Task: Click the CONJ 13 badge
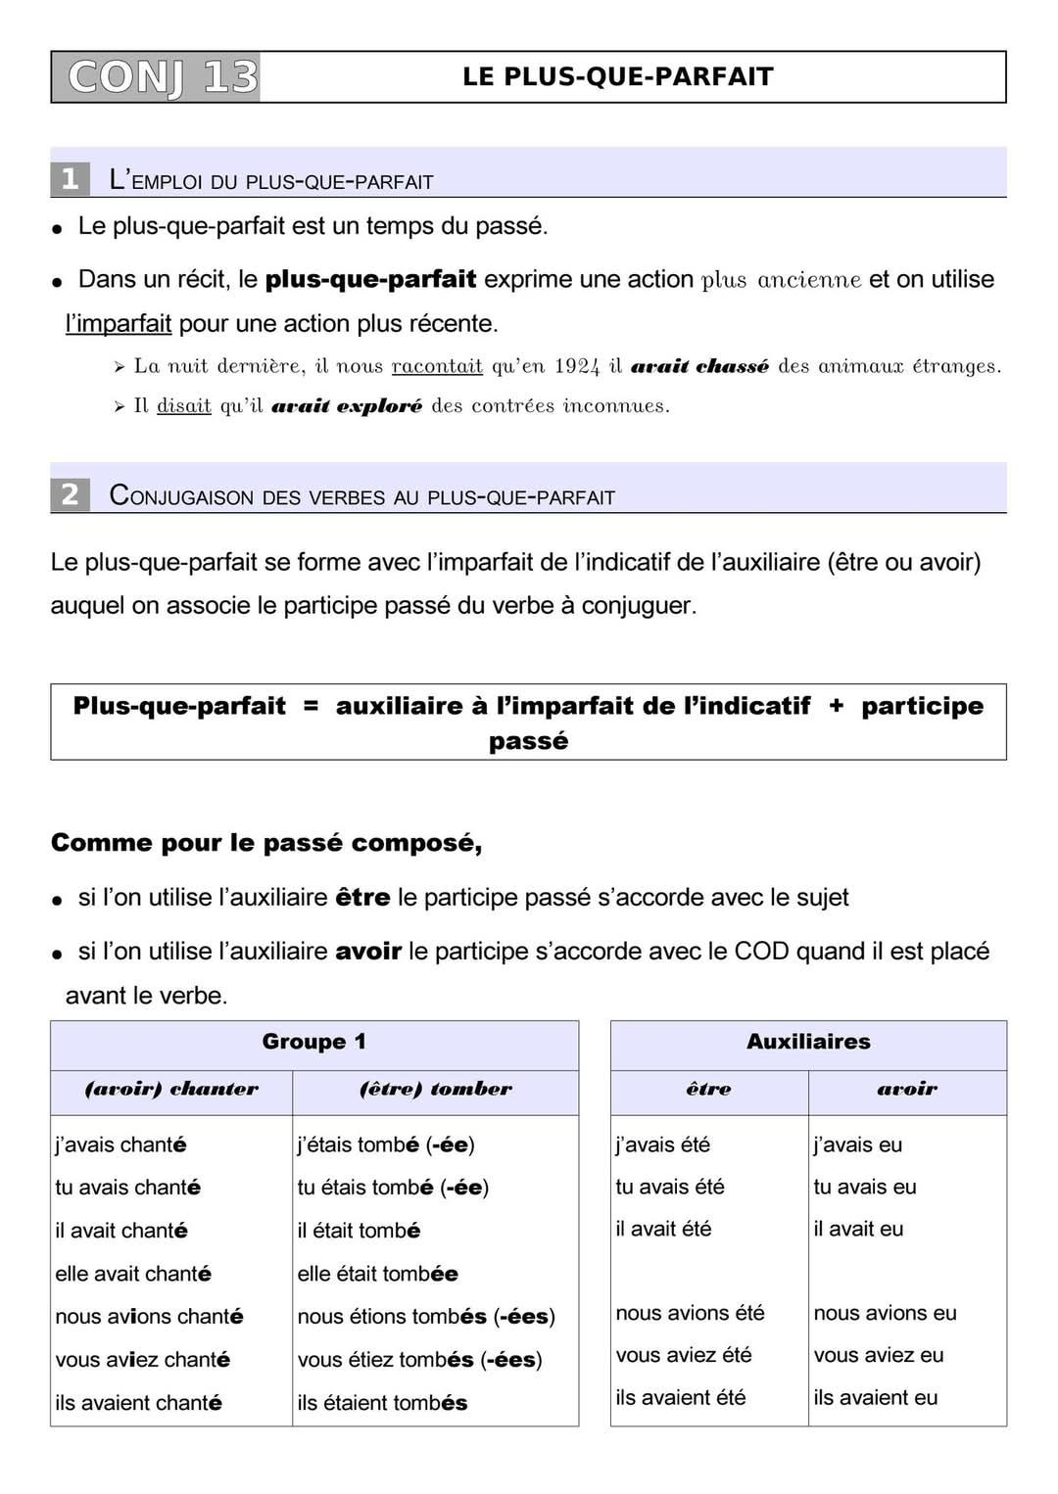156,77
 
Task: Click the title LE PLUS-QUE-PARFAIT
618,77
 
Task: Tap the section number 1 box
70,179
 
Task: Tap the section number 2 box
70,494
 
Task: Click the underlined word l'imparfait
119,323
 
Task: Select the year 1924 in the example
576,366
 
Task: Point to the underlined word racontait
437,366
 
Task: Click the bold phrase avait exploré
347,405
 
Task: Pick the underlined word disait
184,405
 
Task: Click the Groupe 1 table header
314,1042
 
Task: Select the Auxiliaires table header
808,1042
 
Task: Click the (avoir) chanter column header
171,1089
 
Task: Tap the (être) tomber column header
435,1089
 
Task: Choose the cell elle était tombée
378,1274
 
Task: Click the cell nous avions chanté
149,1317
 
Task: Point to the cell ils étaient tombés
383,1403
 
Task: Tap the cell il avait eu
858,1229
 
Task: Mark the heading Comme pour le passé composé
266,843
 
